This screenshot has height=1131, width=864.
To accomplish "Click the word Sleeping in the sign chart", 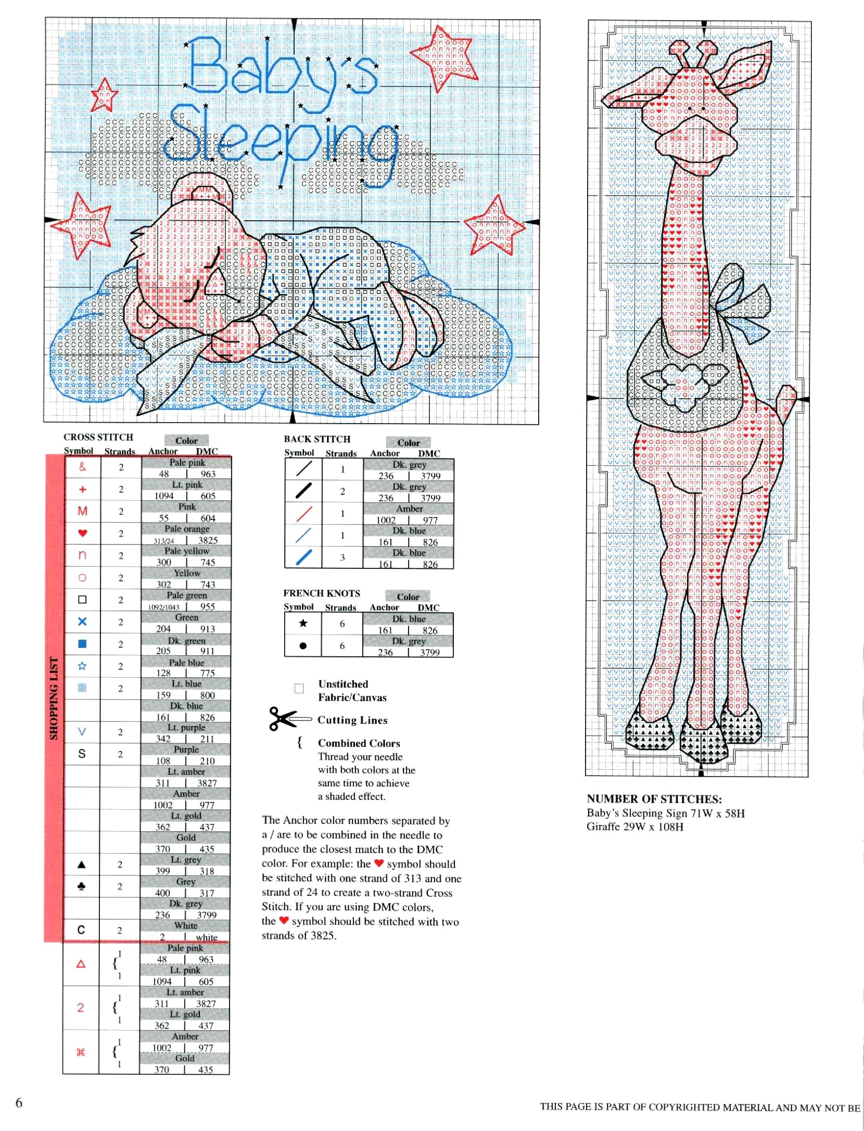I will pos(281,138).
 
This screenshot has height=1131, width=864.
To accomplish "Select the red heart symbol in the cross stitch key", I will pos(82,533).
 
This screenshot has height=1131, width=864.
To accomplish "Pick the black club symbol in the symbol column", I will pos(82,886).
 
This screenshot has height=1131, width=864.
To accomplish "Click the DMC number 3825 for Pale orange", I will pos(208,540).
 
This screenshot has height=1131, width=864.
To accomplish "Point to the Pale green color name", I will pos(186,595).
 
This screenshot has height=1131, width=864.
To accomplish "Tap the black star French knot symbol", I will pos(303,624).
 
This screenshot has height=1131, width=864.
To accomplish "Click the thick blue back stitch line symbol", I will pos(303,557).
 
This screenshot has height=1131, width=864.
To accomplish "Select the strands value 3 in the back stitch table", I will pos(342,557).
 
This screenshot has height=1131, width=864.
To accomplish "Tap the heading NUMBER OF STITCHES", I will pos(654,799).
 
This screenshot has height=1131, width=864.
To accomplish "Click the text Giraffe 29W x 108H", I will pos(634,827).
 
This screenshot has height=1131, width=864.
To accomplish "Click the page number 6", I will pos(19,1102).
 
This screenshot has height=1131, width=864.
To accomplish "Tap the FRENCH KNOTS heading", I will pos(322,593).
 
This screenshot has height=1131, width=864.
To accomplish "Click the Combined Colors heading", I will pos(359,743).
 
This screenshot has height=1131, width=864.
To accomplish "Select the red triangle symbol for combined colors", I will pos(81,964).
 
